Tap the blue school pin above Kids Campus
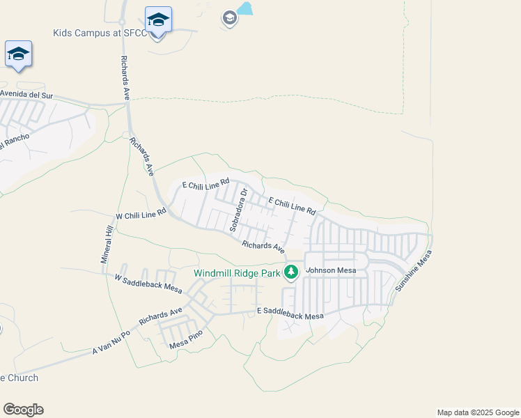coord(158,21)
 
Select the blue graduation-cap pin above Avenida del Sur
coord(18,54)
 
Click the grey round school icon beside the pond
coord(229,19)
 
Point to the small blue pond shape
coord(244,9)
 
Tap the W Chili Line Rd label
coord(141,214)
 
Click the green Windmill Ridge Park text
coord(236,273)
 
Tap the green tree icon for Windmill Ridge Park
coord(290,272)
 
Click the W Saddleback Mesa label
coord(148,282)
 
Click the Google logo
coord(23,410)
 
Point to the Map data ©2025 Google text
coord(477,412)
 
